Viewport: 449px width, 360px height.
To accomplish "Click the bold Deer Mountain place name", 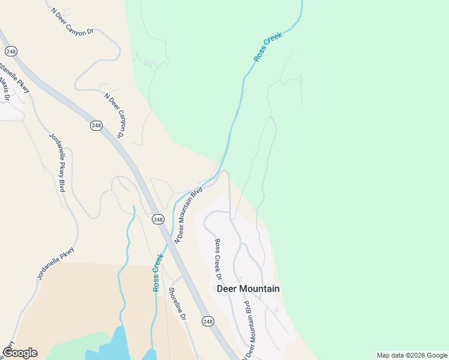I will coord(247,289).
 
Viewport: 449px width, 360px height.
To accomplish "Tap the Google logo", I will coord(20,353).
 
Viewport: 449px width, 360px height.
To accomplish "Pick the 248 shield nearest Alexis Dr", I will coord(11,52).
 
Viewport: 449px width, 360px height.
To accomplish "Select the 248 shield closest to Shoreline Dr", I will coord(208,322).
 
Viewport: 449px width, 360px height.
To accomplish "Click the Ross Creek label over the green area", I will coord(267,47).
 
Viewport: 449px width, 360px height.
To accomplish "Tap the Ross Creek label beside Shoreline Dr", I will coord(158,272).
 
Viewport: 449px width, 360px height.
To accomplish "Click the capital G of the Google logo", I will coord(8,353).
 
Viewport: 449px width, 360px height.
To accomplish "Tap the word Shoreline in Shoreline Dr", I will coord(175,299).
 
